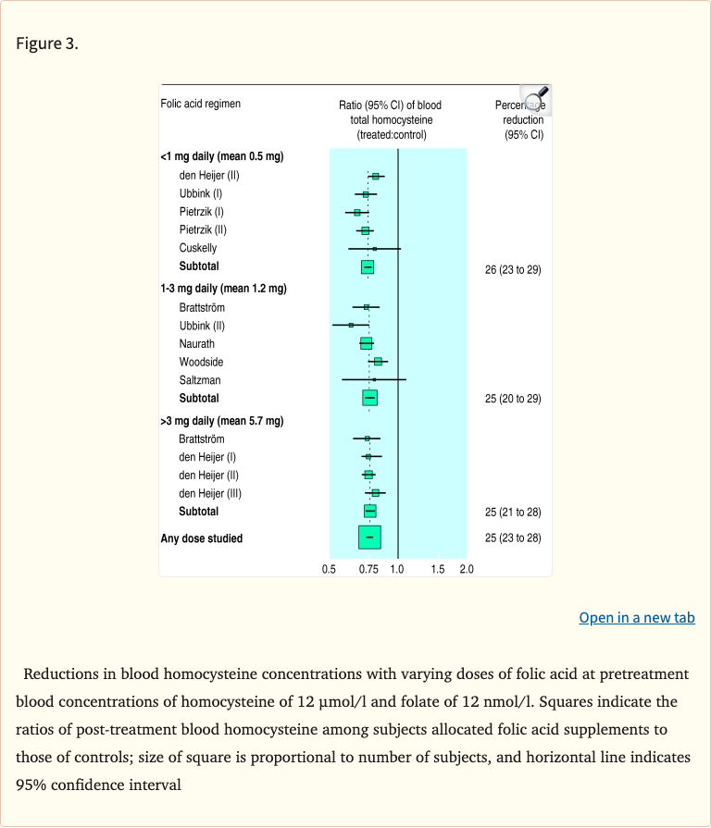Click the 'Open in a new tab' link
click(637, 618)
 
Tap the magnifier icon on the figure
click(535, 99)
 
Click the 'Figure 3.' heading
click(47, 43)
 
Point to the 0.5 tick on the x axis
click(329, 570)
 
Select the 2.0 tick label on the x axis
click(466, 570)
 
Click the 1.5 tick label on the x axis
click(438, 570)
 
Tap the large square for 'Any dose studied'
click(369, 538)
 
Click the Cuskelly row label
click(198, 248)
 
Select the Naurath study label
click(196, 344)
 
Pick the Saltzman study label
click(200, 380)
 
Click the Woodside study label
click(201, 362)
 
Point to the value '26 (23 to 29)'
click(513, 270)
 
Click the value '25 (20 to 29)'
click(513, 399)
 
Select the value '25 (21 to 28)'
click(513, 512)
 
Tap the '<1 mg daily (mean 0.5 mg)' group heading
click(222, 156)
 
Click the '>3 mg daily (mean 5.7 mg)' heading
click(222, 421)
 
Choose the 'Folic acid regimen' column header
click(201, 104)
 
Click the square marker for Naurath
click(366, 343)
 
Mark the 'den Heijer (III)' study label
click(210, 493)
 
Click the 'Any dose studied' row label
click(202, 538)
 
